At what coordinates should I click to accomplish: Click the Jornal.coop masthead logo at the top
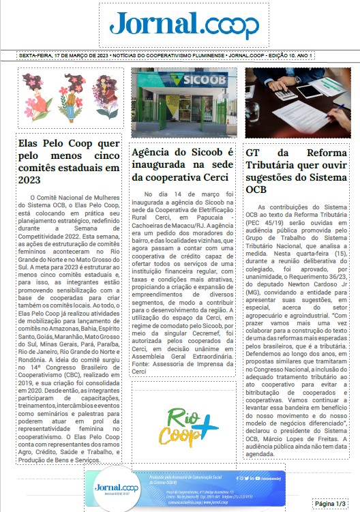[180, 26]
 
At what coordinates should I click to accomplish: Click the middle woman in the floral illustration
[70, 98]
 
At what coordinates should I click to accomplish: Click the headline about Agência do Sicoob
[182, 164]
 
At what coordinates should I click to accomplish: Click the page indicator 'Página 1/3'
[331, 502]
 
